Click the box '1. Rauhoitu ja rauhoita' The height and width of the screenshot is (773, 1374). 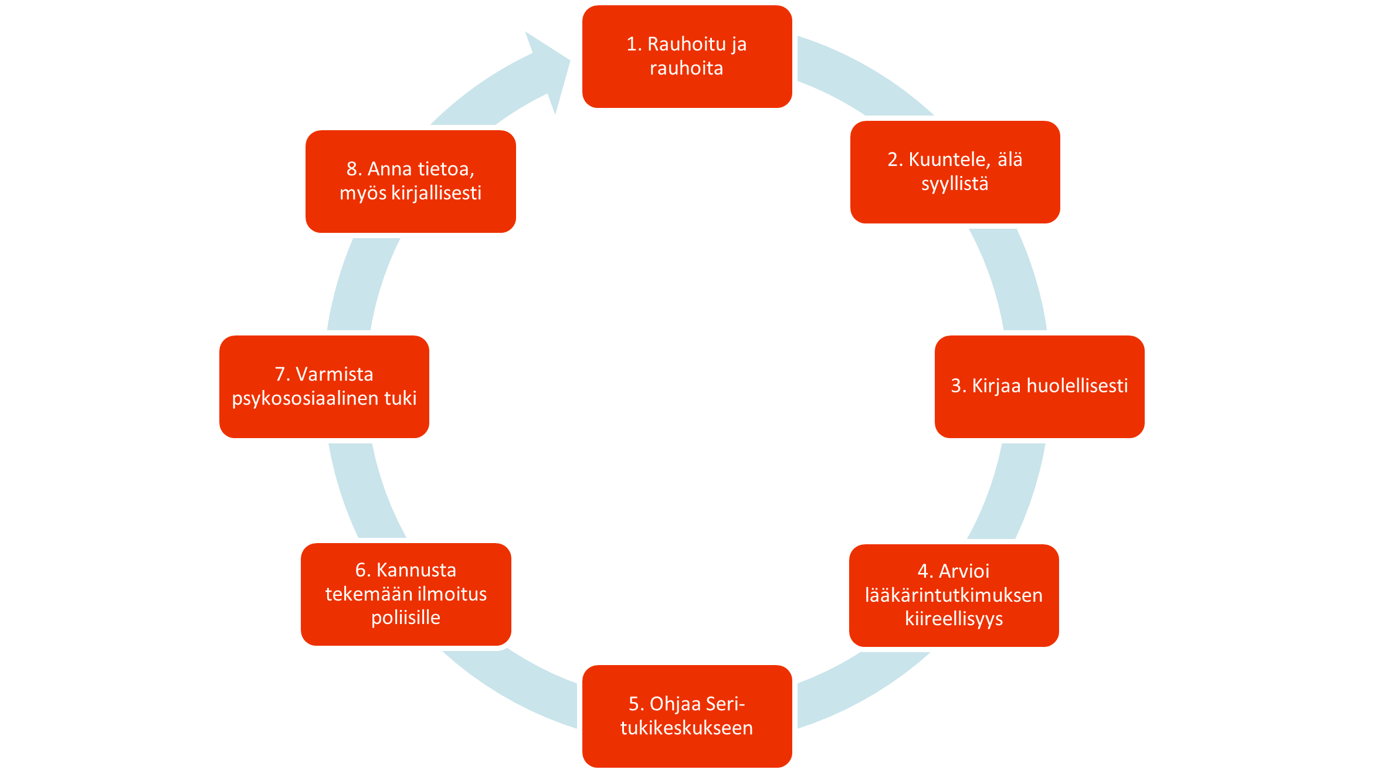click(x=687, y=56)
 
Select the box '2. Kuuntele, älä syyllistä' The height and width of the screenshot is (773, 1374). click(x=955, y=172)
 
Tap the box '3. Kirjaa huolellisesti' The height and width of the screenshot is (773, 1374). click(x=1039, y=386)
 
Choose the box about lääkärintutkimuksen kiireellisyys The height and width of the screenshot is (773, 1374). click(x=954, y=595)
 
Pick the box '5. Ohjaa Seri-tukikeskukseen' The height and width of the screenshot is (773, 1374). click(x=687, y=716)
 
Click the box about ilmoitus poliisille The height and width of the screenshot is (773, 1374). click(x=406, y=594)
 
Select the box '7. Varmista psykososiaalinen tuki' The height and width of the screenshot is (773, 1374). click(x=324, y=386)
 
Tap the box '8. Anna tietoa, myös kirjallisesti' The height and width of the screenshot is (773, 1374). click(x=410, y=181)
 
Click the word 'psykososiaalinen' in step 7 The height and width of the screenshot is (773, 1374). click(x=306, y=399)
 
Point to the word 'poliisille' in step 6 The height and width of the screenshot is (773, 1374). click(x=406, y=618)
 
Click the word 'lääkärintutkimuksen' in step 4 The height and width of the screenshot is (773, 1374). click(x=954, y=595)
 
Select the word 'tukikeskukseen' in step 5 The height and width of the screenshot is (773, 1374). click(x=687, y=728)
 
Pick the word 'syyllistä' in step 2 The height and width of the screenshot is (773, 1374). click(x=955, y=184)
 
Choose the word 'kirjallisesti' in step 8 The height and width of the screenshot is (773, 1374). click(x=436, y=193)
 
